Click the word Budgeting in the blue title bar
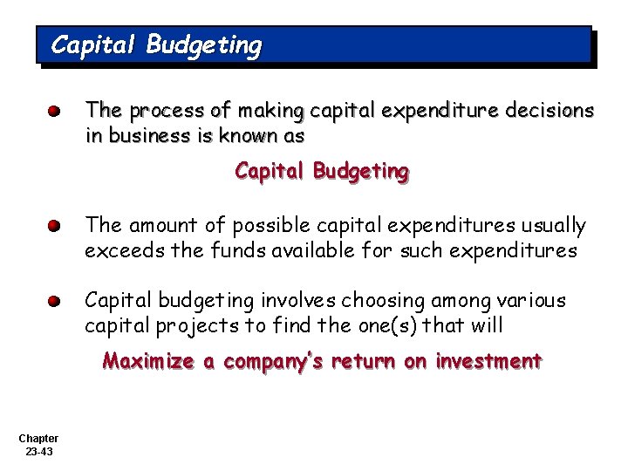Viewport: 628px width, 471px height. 203,44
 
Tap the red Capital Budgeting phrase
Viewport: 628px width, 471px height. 321,172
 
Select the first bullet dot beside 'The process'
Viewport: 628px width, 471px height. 54,113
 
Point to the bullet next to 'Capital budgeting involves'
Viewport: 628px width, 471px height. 54,302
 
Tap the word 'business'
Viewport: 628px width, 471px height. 143,136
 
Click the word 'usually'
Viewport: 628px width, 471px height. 554,226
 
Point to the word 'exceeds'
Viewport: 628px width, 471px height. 118,251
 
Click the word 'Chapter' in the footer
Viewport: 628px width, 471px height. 38,438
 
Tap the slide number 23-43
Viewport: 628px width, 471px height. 38,451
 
